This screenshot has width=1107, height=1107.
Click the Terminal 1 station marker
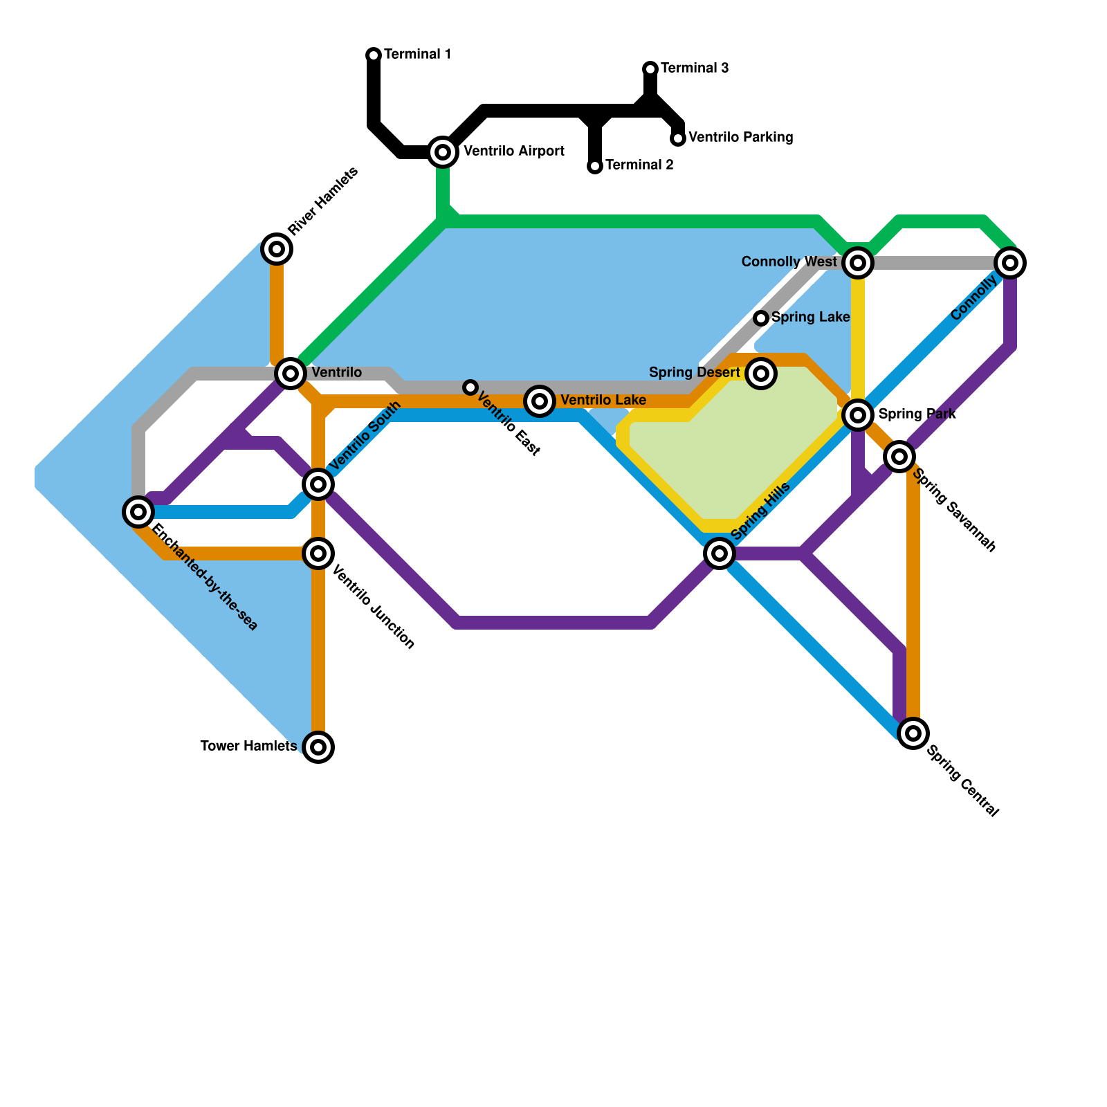click(374, 55)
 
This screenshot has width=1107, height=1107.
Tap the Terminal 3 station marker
click(650, 68)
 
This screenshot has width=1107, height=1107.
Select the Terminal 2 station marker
click(595, 166)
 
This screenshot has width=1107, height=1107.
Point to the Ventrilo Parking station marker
click(679, 138)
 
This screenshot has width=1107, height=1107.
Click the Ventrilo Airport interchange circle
click(443, 152)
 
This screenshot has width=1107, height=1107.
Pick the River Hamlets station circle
click(277, 248)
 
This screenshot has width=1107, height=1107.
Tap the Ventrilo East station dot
click(470, 387)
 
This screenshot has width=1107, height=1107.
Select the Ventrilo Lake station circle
click(540, 401)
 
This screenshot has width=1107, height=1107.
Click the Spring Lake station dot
click(761, 318)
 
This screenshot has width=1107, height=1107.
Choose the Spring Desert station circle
click(761, 374)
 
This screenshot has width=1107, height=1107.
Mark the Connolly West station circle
click(858, 263)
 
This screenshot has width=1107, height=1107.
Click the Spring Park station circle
click(858, 414)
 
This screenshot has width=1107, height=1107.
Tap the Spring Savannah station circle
click(899, 456)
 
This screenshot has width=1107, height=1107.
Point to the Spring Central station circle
click(913, 733)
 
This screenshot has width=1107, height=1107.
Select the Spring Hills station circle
click(720, 553)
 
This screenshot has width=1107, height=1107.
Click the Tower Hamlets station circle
click(318, 747)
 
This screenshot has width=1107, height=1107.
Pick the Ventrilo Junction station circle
click(318, 553)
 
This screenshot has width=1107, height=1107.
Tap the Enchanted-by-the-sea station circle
click(138, 512)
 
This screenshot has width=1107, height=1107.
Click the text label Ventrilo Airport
click(513, 152)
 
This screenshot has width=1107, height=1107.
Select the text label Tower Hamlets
click(248, 747)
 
